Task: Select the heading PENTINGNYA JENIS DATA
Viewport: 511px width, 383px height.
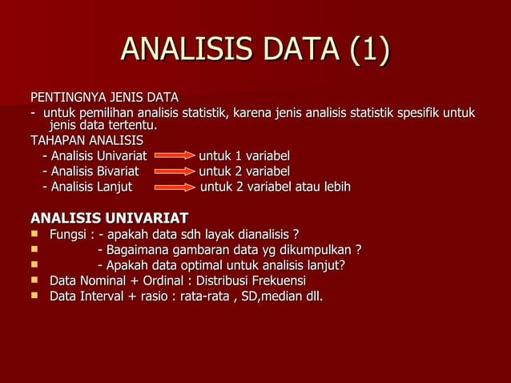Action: (104, 98)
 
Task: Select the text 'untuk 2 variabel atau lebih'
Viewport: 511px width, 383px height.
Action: (275, 187)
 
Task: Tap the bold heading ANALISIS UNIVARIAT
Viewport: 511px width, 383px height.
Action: (109, 218)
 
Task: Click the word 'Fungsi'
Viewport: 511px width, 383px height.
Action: (67, 235)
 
